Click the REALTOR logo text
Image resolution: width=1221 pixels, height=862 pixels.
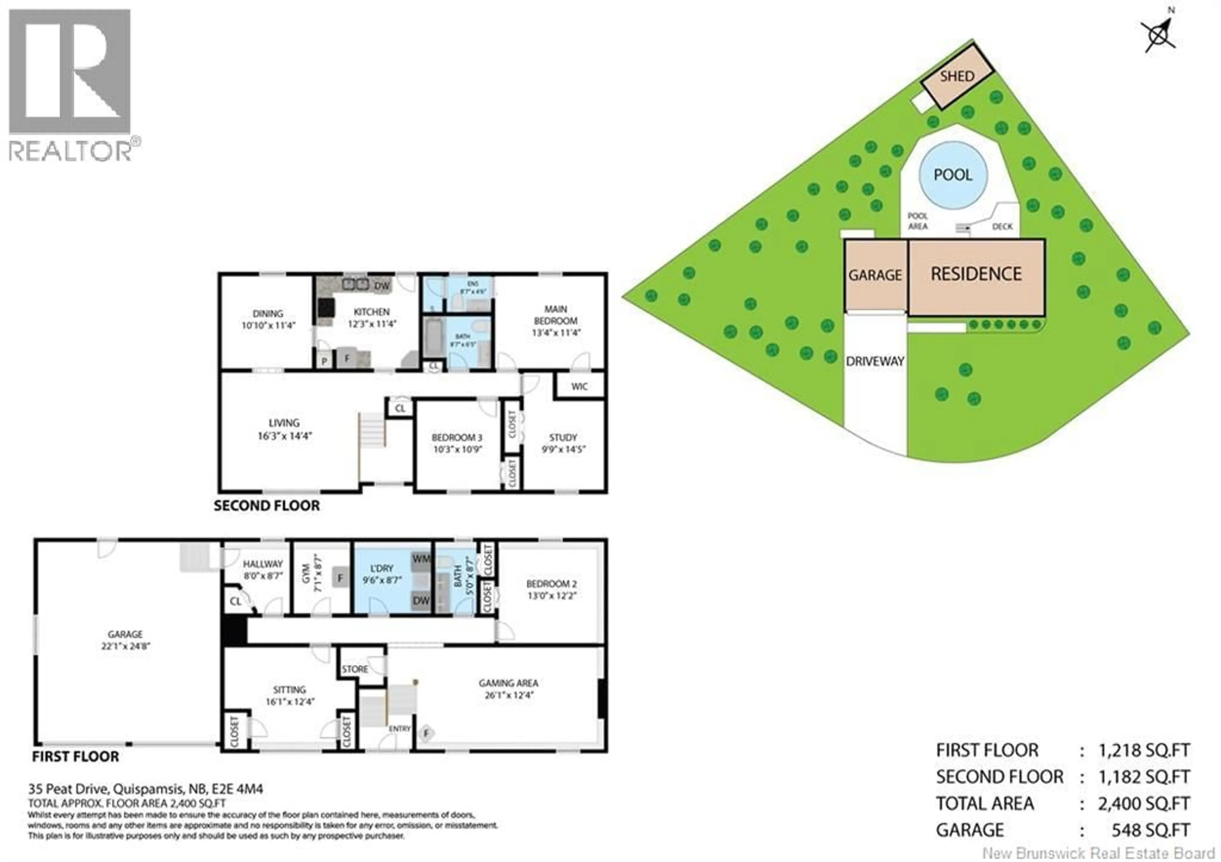(70, 150)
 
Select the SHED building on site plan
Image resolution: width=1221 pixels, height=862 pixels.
(957, 77)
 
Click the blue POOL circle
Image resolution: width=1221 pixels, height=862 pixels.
(953, 175)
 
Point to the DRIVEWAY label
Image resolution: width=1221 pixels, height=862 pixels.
(875, 361)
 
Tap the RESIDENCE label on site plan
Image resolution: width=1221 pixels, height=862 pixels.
(976, 274)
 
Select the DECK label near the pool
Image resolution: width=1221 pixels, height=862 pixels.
(1003, 226)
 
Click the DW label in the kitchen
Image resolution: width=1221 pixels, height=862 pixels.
(382, 286)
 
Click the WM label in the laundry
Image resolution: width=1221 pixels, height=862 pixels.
(421, 559)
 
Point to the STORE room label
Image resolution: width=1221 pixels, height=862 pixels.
(355, 669)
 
